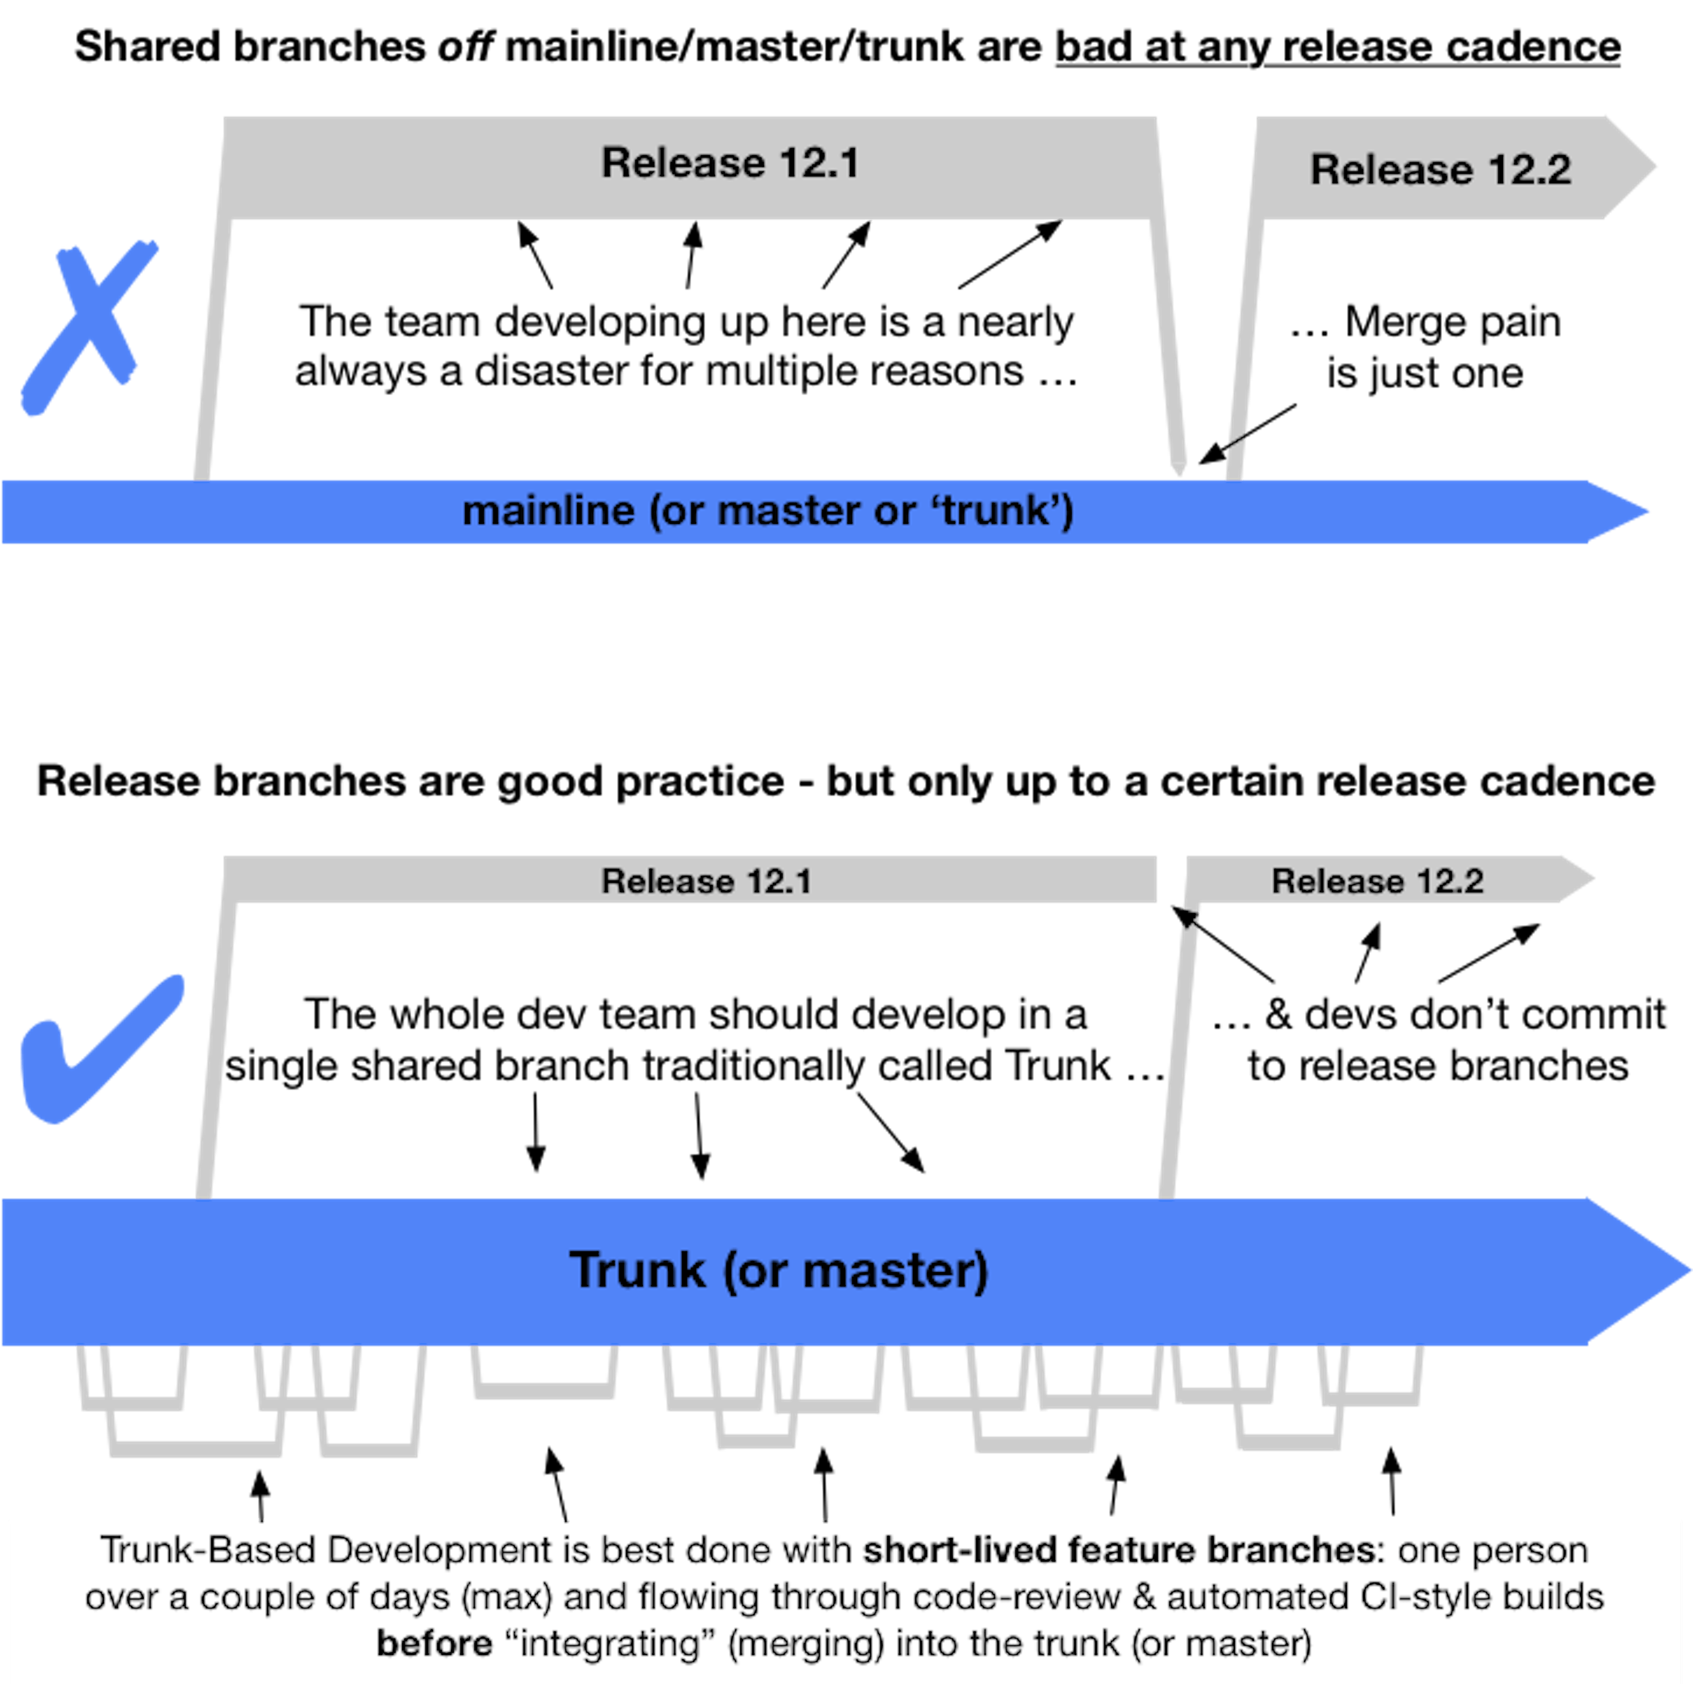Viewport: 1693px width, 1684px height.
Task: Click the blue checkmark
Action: coord(97,1048)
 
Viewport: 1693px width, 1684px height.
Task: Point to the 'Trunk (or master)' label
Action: coord(778,1270)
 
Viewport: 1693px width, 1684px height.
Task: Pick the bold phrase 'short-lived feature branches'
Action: coord(1117,1550)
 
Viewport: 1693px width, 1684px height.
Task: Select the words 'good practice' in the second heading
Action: coord(640,781)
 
